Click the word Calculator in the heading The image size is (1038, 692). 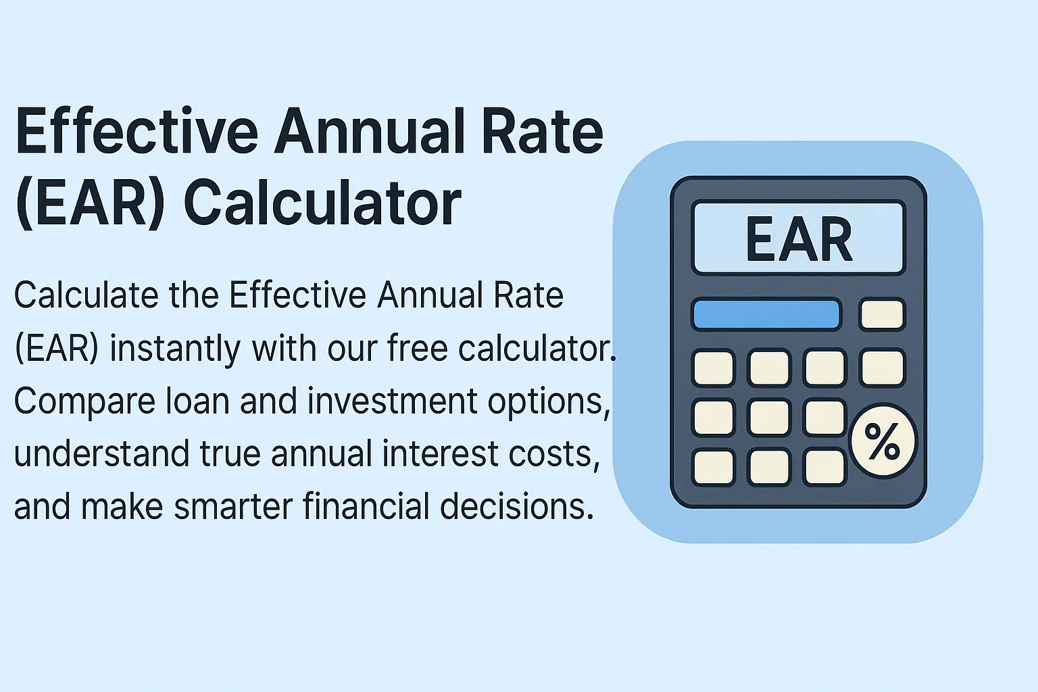click(x=322, y=203)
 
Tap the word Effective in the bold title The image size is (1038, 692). click(x=137, y=130)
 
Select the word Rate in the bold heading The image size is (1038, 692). click(x=542, y=130)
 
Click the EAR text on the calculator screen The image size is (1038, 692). click(x=799, y=239)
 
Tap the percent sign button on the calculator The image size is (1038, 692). click(x=883, y=441)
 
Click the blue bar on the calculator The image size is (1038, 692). click(x=766, y=314)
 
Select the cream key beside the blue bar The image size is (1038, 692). click(x=882, y=314)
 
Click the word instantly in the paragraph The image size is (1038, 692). click(x=175, y=349)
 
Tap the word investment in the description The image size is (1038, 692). click(x=392, y=401)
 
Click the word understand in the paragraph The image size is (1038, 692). click(x=101, y=453)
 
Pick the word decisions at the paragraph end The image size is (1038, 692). click(x=516, y=506)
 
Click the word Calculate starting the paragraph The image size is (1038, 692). click(x=86, y=295)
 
